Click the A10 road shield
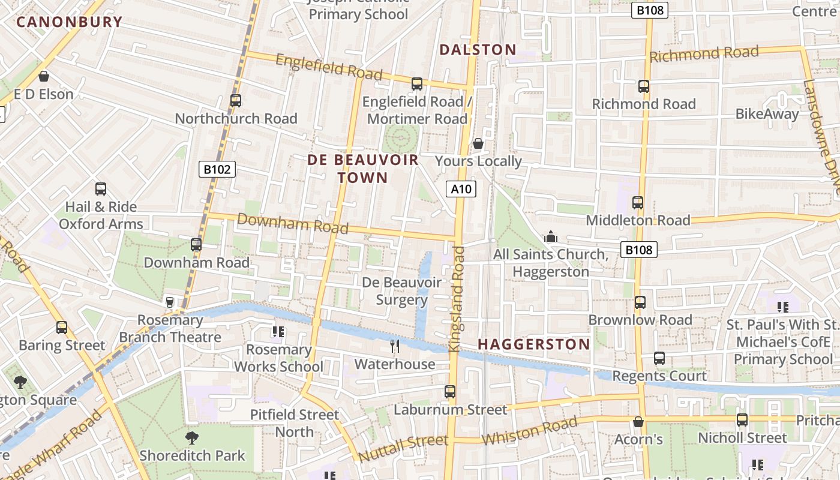[x=461, y=190]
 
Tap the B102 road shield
[x=217, y=170]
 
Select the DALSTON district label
[x=478, y=50]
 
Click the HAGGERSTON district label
[x=534, y=344]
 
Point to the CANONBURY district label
[x=69, y=22]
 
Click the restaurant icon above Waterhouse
[x=395, y=346]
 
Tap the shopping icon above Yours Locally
[x=478, y=143]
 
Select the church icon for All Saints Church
[x=550, y=236]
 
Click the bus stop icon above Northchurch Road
[x=236, y=101]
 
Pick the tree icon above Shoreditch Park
[x=192, y=438]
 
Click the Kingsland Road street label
[x=457, y=298]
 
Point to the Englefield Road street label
[x=329, y=66]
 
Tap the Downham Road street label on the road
[x=292, y=223]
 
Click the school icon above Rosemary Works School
[x=278, y=331]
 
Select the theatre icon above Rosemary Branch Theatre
[x=170, y=302]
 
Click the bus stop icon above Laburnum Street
[x=450, y=392]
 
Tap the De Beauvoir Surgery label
[x=402, y=291]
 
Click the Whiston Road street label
[x=529, y=431]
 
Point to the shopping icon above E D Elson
[x=43, y=76]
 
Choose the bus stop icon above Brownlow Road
[x=640, y=302]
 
